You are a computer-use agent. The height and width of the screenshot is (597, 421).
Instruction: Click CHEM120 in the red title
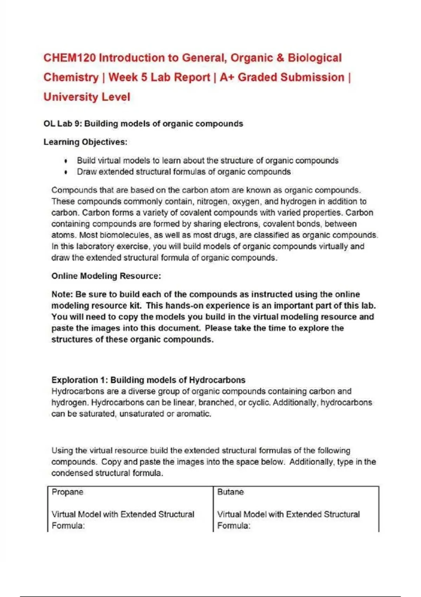click(x=69, y=58)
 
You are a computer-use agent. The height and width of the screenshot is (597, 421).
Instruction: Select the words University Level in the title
click(x=87, y=97)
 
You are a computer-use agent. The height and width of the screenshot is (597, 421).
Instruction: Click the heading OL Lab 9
click(x=62, y=124)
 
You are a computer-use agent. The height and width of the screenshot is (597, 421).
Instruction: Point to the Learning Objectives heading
click(x=85, y=142)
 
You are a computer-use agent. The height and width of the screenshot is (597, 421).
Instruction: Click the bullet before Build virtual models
click(x=66, y=161)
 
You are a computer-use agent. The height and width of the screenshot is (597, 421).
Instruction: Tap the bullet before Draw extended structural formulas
click(x=66, y=172)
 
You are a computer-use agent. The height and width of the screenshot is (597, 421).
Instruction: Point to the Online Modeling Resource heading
click(x=106, y=276)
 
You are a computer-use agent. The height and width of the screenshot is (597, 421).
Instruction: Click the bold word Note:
click(x=62, y=294)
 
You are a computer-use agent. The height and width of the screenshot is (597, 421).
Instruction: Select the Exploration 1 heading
click(x=148, y=380)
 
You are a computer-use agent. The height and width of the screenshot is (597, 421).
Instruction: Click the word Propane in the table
click(x=67, y=492)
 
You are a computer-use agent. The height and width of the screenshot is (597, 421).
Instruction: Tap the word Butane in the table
click(x=230, y=492)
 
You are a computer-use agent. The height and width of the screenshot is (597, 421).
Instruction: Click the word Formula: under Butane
click(x=234, y=526)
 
